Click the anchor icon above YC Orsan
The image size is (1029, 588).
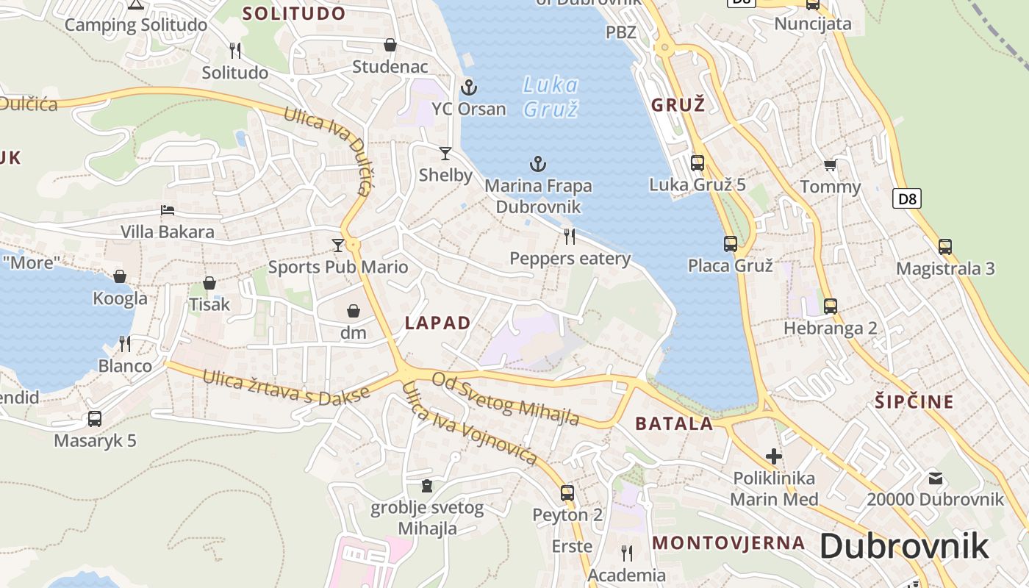468,88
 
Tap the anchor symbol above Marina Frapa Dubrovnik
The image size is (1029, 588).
538,164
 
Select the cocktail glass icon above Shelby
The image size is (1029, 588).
445,154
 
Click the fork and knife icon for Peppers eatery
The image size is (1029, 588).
570,236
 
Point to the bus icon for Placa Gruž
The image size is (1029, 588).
730,243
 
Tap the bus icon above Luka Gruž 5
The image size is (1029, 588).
697,162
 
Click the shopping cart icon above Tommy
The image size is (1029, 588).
830,165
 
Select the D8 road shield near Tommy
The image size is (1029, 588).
908,198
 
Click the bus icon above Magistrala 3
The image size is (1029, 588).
944,247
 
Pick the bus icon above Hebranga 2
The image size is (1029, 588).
830,306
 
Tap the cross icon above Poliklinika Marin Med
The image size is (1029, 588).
773,456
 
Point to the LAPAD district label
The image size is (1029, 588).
437,323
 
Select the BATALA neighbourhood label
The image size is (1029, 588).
674,423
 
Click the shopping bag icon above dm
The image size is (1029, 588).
353,311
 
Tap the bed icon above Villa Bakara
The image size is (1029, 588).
168,210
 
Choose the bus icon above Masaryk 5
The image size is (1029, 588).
95,419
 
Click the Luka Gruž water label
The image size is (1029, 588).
551,97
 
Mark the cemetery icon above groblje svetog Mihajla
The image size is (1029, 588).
426,486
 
